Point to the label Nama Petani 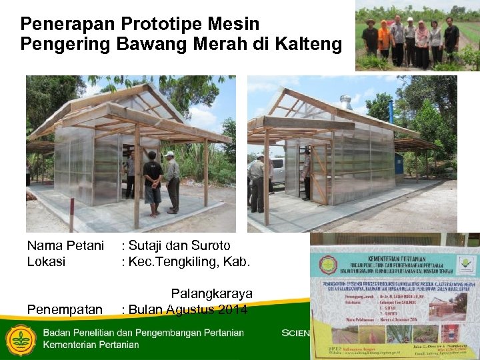tap(65, 245)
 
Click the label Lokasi tap(46, 261)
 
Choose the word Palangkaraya tap(212, 293)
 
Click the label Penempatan tap(65, 309)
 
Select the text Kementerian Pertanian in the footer tap(91, 345)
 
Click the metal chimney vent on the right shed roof tap(345, 102)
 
